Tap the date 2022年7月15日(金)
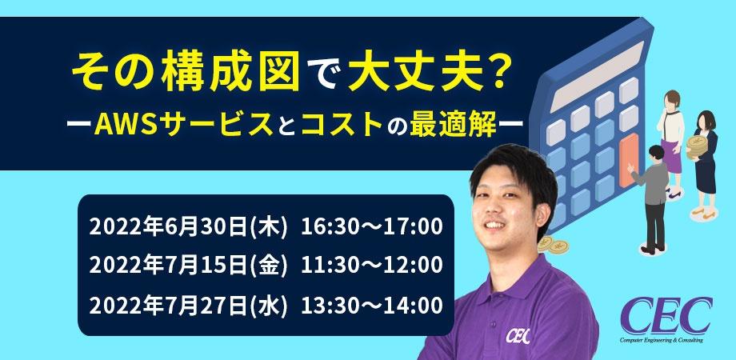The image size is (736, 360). [189, 265]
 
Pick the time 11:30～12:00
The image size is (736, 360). [371, 265]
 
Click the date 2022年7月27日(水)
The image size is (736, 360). [189, 304]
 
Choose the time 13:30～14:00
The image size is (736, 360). [371, 304]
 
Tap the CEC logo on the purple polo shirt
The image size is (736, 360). [518, 333]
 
